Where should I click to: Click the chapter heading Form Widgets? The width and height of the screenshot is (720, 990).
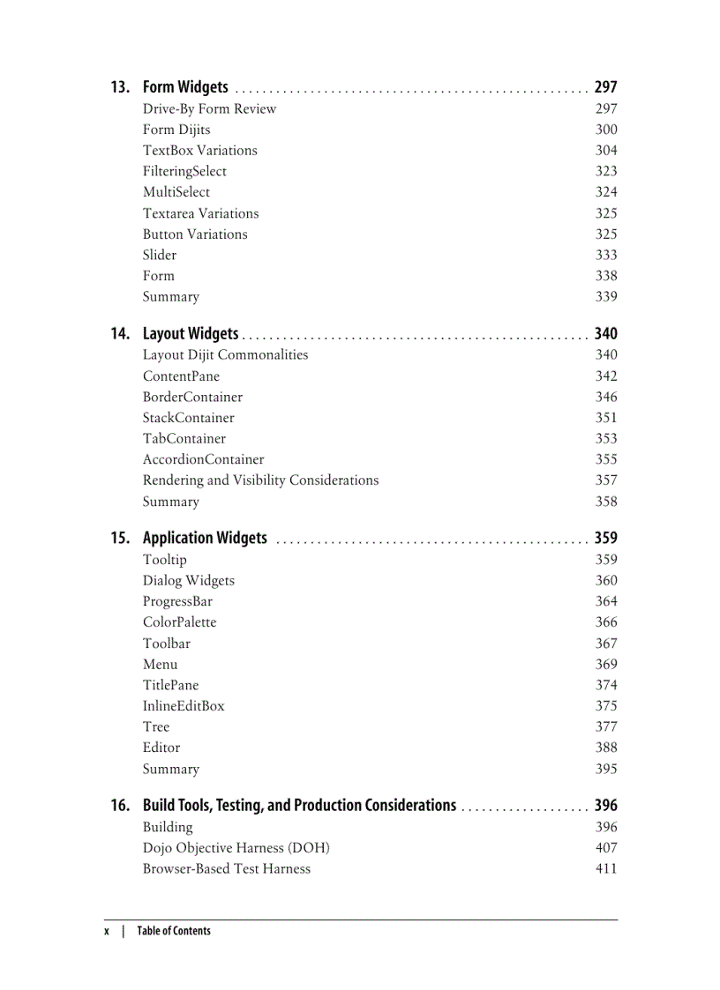[185, 87]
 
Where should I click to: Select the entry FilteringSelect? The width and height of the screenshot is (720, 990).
[184, 171]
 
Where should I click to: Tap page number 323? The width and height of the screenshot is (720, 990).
[605, 171]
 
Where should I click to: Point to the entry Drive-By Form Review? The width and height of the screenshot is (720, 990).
[209, 108]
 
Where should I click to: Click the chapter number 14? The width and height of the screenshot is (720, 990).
[120, 333]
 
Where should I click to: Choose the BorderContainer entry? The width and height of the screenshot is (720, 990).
[192, 397]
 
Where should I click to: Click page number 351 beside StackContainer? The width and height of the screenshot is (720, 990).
[605, 418]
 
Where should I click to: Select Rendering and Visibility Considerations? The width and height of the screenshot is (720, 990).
[260, 480]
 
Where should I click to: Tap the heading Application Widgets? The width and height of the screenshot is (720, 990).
[205, 538]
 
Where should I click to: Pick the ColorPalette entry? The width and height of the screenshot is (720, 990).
[179, 622]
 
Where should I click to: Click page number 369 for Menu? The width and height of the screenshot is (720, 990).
[605, 665]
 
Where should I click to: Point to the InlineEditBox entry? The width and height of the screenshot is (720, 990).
[184, 706]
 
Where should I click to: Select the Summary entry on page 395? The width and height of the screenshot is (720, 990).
[171, 769]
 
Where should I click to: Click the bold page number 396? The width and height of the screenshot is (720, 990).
[605, 806]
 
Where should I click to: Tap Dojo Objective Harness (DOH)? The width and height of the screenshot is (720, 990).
[236, 848]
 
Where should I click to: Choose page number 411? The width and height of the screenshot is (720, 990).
[605, 869]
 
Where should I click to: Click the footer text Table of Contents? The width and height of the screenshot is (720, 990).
[174, 931]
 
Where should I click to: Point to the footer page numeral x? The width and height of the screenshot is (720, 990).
[107, 931]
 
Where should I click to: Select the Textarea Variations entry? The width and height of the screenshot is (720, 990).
[200, 213]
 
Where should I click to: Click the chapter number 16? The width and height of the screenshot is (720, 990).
[120, 806]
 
